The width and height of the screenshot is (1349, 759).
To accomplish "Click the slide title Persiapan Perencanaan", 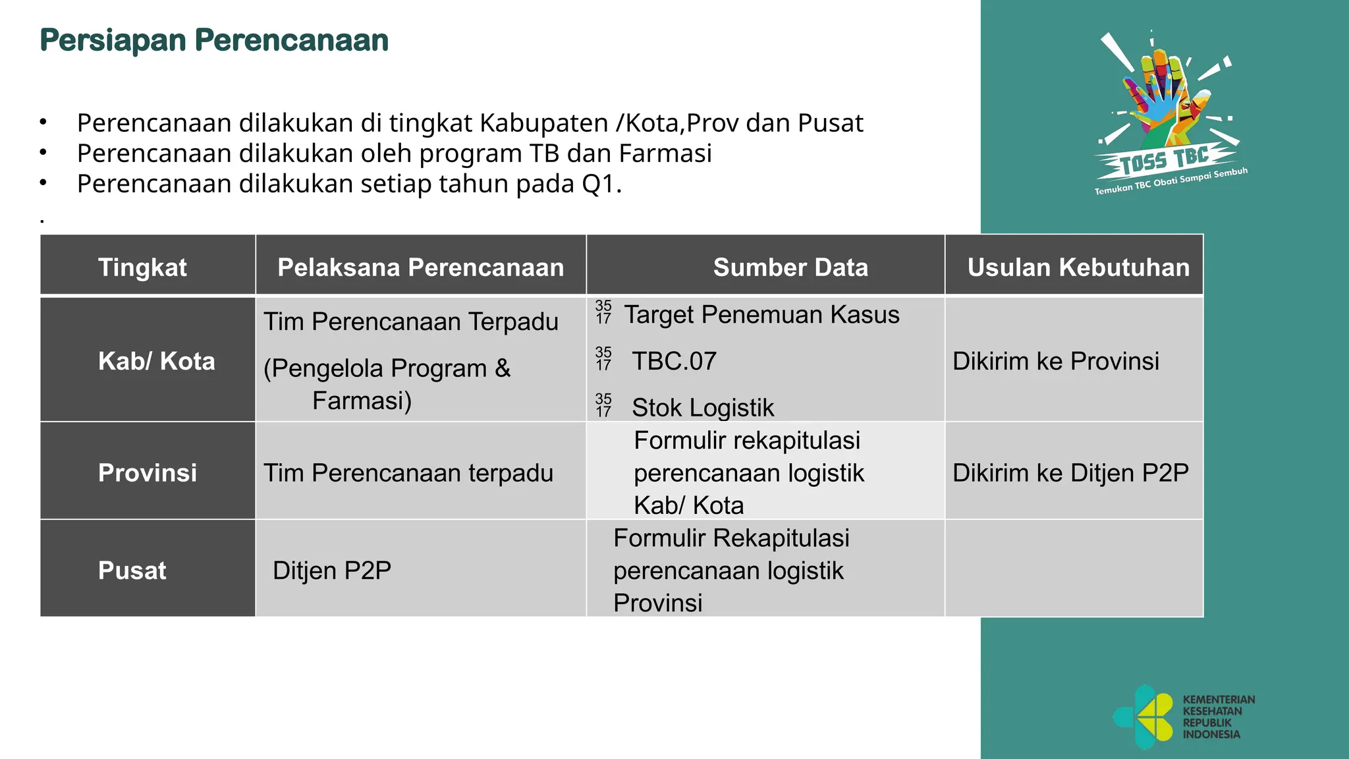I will pos(214,40).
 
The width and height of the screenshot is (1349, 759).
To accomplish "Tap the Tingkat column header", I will pos(142,267).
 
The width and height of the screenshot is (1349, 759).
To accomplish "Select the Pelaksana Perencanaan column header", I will pos(420,267).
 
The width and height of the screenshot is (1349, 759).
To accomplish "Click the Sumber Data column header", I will pos(790,267).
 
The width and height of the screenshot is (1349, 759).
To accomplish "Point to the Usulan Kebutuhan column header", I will pos(1078,267).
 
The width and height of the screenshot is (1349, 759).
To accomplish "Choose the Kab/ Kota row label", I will pos(156,361).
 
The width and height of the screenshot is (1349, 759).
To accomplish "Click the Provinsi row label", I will pos(148,472).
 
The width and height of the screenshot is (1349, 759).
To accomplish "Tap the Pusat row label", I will pos(132,570).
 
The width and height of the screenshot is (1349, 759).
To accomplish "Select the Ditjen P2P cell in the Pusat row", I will pos(332,570).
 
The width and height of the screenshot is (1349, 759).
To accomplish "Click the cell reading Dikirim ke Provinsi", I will pos(1055,361).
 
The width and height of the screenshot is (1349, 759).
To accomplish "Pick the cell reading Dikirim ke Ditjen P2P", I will pos(1070,472).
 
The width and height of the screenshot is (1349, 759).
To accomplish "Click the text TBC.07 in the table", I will pos(674,361).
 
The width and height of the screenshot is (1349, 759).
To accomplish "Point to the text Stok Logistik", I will pos(703,408).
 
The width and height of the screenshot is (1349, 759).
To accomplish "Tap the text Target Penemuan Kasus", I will pos(761,314).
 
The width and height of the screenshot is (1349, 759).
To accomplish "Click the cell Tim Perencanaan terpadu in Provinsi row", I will pos(408,472).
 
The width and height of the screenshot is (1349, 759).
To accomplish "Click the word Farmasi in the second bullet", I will pos(665,154).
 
